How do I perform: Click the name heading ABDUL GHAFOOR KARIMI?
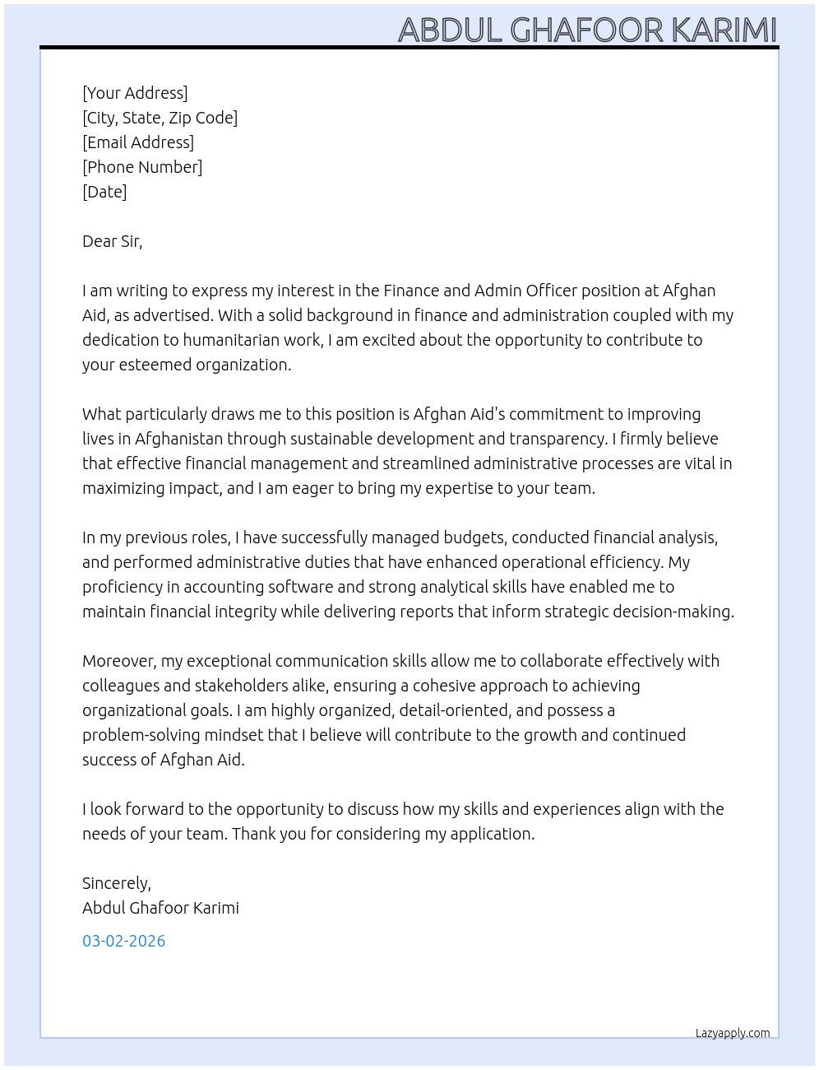[x=587, y=30]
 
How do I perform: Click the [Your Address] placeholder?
[x=135, y=93]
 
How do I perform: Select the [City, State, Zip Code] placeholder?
[x=160, y=118]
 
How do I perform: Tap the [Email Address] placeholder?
[x=138, y=142]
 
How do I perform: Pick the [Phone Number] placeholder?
[x=142, y=167]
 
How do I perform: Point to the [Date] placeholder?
[x=104, y=192]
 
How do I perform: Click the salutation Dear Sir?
[x=112, y=241]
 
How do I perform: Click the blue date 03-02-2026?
[x=123, y=941]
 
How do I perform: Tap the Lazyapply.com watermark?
[x=733, y=1033]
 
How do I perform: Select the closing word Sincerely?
[x=116, y=883]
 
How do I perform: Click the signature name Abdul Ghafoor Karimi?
[x=160, y=908]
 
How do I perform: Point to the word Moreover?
[x=119, y=661]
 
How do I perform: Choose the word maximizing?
[x=123, y=488]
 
